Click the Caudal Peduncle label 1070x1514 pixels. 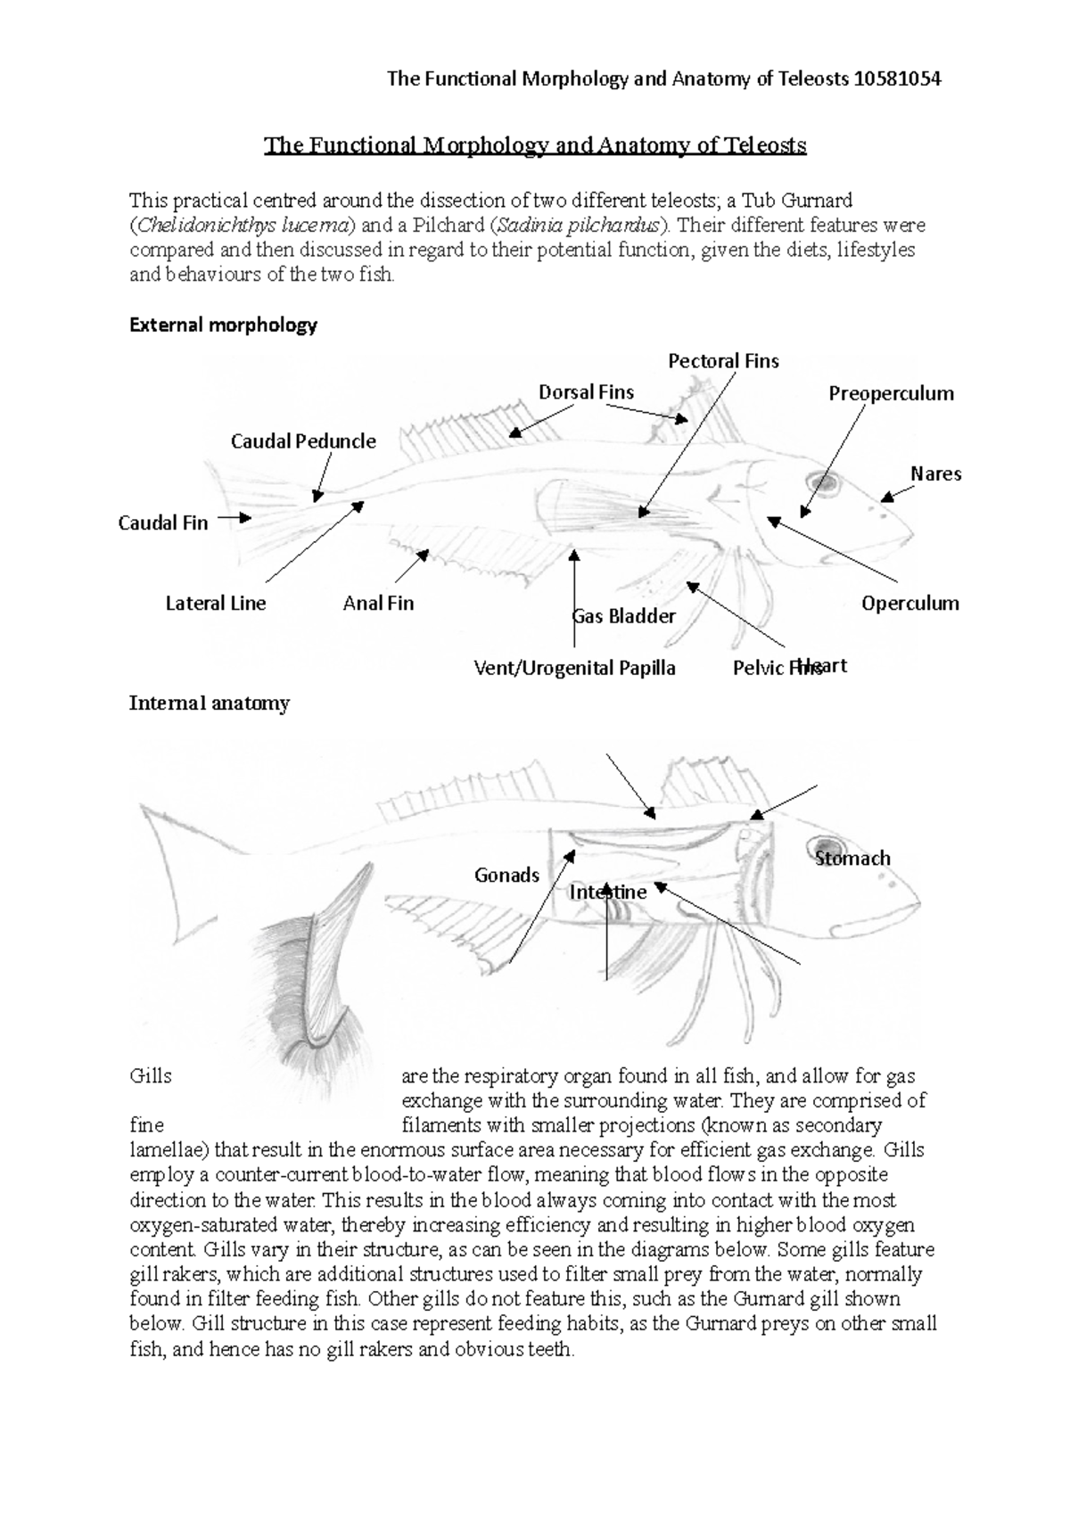303,441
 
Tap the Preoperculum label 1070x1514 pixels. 891,394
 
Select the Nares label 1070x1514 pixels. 935,474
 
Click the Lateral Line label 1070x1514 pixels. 216,604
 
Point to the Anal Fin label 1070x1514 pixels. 378,604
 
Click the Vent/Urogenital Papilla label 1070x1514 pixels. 574,668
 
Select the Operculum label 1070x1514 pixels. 909,604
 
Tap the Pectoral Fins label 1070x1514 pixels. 723,361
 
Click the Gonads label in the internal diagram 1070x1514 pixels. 506,876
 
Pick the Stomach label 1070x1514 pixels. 852,859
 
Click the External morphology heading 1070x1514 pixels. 223,325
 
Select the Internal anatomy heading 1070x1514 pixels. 210,704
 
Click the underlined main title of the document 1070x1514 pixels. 535,145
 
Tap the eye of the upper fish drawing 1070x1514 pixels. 824,484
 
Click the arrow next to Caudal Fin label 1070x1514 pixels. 235,517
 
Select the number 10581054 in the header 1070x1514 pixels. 897,79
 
